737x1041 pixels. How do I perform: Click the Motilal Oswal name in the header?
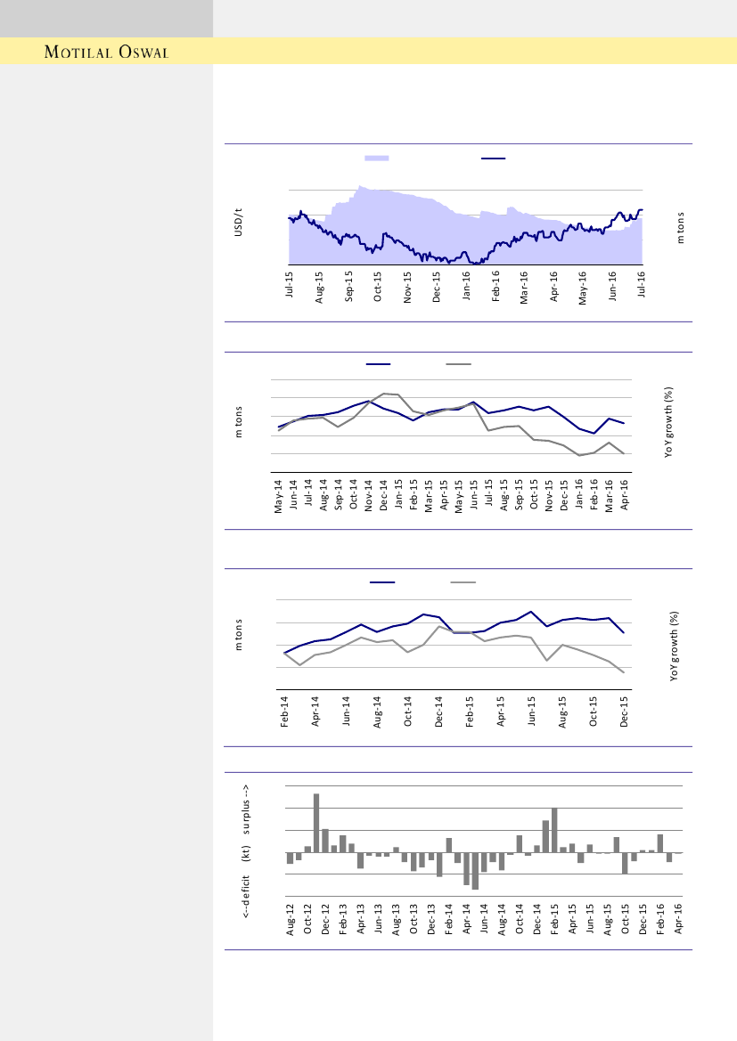point(107,51)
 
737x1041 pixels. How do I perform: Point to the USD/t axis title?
point(238,223)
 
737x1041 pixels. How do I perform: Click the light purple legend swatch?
point(377,158)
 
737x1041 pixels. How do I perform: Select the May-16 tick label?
point(583,289)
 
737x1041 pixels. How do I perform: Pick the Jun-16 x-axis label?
point(612,289)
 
